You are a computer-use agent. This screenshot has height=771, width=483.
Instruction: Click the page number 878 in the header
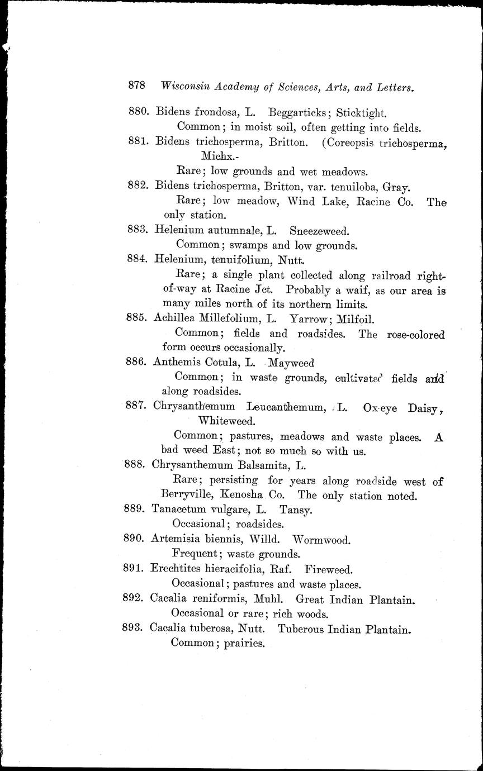136,86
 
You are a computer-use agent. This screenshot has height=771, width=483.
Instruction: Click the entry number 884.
137,260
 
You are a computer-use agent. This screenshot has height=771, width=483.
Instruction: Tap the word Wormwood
321,540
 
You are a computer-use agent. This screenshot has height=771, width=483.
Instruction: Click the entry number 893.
133,628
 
